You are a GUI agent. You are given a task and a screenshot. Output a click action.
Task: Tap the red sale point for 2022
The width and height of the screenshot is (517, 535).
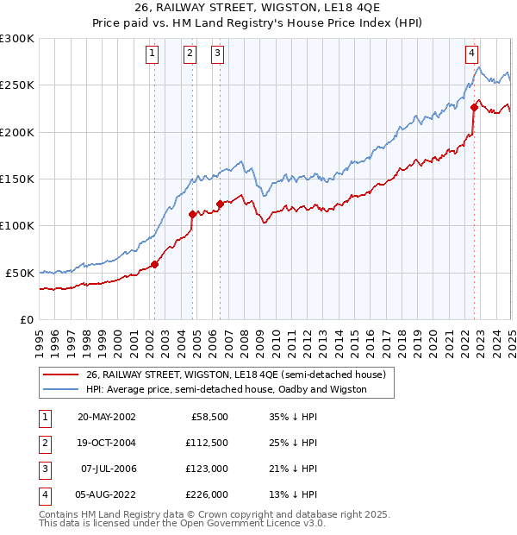(x=474, y=108)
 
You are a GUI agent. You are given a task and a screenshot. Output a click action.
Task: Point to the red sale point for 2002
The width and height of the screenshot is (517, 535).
(x=155, y=264)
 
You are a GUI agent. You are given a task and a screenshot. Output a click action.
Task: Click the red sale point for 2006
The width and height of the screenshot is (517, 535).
(x=220, y=205)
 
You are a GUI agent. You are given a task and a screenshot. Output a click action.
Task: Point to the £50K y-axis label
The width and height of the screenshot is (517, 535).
(x=20, y=273)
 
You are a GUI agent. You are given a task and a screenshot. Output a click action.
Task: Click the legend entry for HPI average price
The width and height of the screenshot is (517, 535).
(x=226, y=389)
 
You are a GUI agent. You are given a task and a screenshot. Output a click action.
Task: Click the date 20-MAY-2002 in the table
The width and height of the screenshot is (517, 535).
(x=106, y=416)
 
